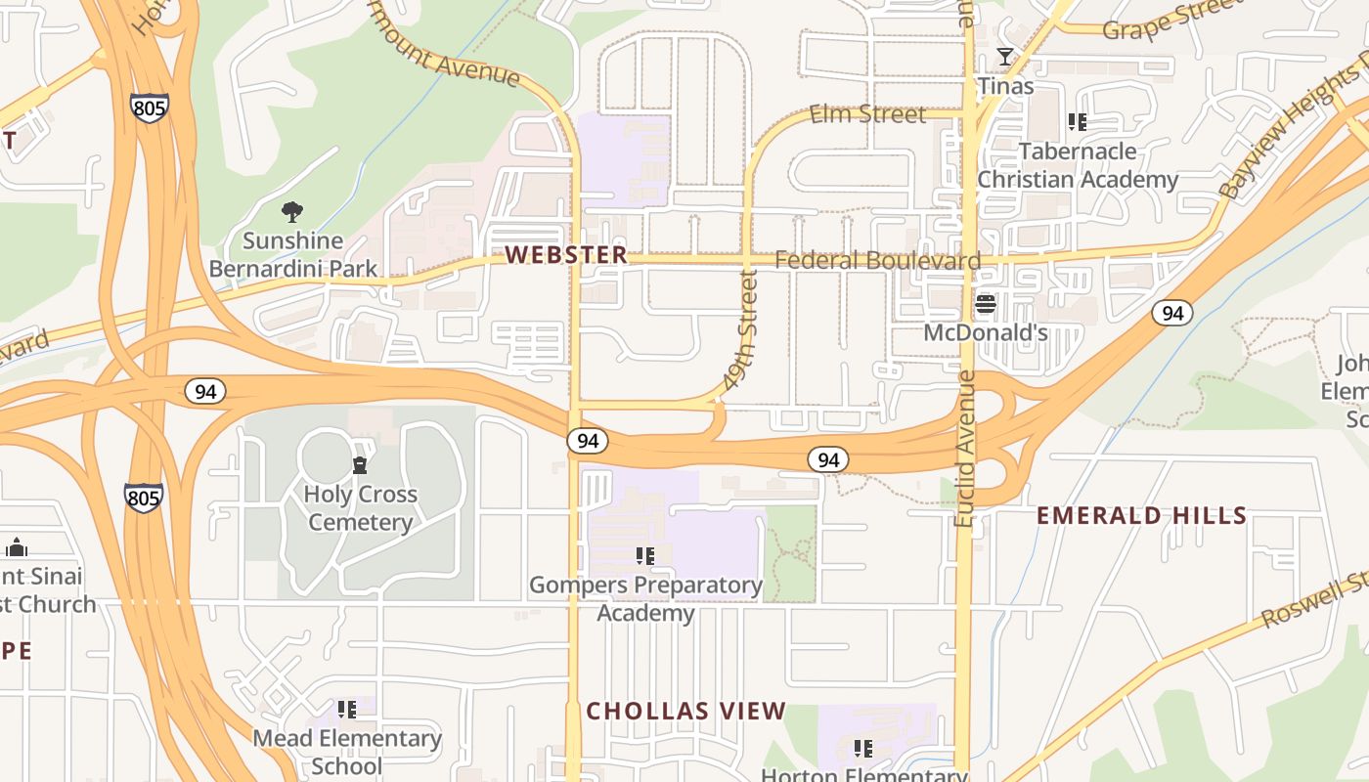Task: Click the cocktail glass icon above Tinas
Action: coord(1004,57)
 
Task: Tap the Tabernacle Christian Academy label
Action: coord(1078,165)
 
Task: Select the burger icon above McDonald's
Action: coord(986,304)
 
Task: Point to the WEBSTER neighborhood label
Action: coord(566,255)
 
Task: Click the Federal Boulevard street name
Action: coord(877,260)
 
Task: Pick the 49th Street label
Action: coord(746,332)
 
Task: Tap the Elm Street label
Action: coord(867,114)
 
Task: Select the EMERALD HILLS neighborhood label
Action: coord(1141,515)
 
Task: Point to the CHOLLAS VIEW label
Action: coord(685,711)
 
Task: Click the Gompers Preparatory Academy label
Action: coord(645,598)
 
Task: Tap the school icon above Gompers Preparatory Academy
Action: coord(645,556)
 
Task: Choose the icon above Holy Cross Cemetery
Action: coord(360,465)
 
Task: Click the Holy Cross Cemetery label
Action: coord(360,507)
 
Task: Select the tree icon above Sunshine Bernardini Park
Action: coord(291,211)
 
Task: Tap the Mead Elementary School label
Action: coord(347,751)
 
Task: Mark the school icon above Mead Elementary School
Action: coord(347,709)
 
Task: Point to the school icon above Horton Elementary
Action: coord(863,749)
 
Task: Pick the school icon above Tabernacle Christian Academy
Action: coord(1078,122)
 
